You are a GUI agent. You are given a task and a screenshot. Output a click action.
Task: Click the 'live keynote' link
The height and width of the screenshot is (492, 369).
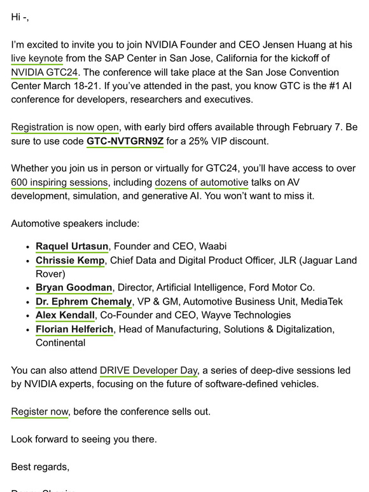(x=37, y=58)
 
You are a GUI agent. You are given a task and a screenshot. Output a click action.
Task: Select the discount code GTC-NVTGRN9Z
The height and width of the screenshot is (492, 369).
(x=125, y=141)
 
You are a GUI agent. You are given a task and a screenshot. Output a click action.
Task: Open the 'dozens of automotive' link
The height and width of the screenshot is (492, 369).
(x=202, y=182)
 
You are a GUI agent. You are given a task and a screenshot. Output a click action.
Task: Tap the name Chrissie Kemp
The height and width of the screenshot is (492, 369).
(x=70, y=261)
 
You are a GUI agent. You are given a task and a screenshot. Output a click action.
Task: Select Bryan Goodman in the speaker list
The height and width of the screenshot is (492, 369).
(x=74, y=288)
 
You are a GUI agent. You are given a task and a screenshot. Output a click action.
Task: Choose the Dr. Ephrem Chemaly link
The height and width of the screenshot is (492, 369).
(x=83, y=302)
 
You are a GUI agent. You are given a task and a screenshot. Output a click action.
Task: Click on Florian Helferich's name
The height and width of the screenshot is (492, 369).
(x=74, y=329)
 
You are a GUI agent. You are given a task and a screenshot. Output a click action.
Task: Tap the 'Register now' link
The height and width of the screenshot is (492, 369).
(x=39, y=412)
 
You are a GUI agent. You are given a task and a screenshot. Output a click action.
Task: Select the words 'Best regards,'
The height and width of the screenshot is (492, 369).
(x=40, y=467)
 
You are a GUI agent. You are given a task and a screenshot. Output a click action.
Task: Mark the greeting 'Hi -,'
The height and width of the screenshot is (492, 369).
(x=20, y=17)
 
